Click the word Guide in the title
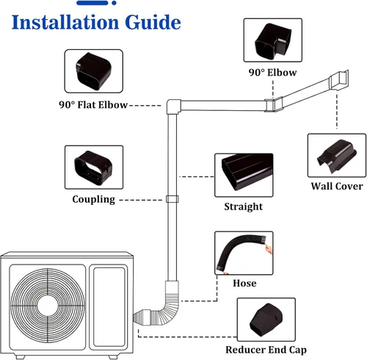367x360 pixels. click(153, 22)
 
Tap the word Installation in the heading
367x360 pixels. click(65, 22)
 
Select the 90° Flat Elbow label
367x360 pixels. click(93, 105)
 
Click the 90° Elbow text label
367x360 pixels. click(272, 73)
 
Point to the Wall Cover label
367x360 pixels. click(337, 186)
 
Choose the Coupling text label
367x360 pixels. click(94, 199)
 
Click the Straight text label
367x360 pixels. click(244, 206)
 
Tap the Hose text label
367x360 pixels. click(244, 283)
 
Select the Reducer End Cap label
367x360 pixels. click(266, 350)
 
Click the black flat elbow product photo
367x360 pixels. click(94, 71)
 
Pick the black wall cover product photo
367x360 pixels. click(337, 156)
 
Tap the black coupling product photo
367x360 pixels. click(93, 168)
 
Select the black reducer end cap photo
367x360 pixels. click(266, 320)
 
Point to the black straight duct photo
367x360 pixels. click(247, 172)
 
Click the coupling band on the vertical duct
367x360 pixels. click(172, 199)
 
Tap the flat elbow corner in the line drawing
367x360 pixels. click(174, 107)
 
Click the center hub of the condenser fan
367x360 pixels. click(48, 306)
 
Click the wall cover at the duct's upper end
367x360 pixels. click(339, 80)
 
